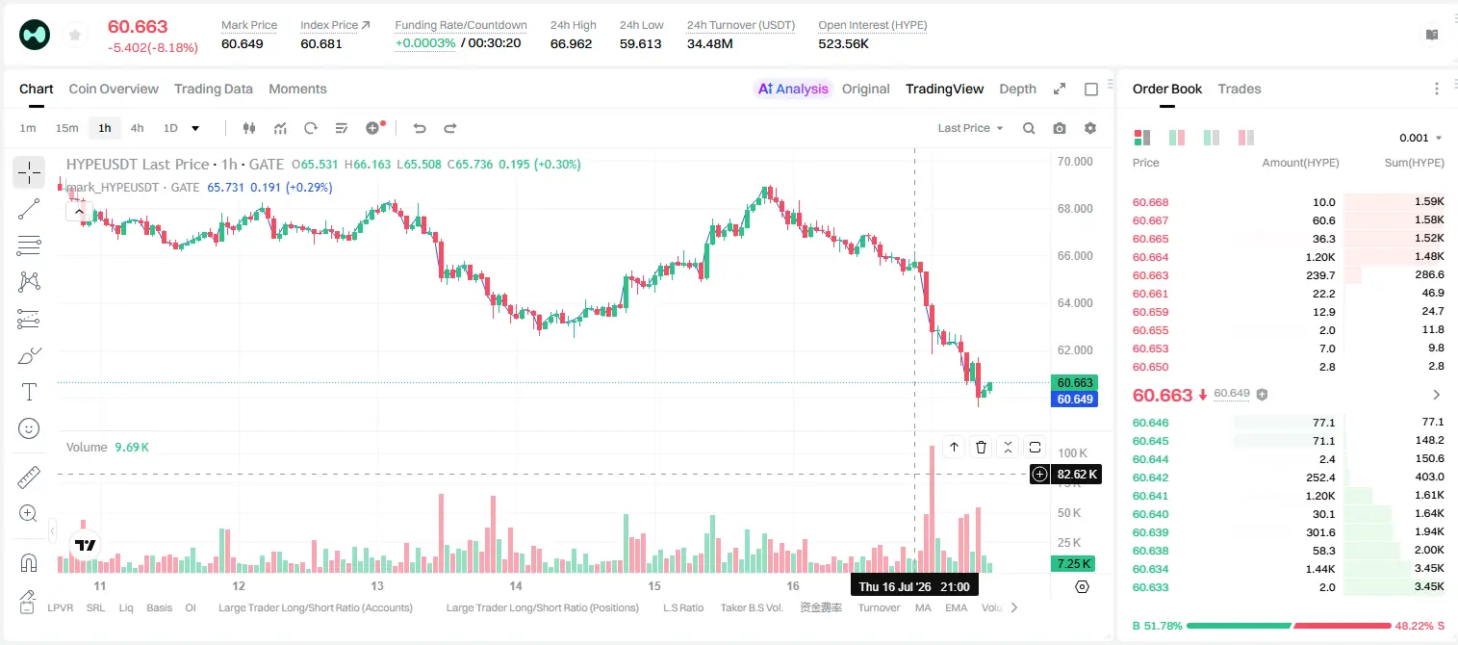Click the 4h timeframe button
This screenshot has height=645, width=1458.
tap(137, 128)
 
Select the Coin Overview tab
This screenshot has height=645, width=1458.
tap(114, 89)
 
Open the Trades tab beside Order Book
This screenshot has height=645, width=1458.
tap(1240, 89)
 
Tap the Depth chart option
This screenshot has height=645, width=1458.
tap(1017, 89)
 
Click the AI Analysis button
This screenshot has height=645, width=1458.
tap(793, 89)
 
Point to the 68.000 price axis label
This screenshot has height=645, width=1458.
tap(1075, 208)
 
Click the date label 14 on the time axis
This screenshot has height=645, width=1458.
tap(516, 585)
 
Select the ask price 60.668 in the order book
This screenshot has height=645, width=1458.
tap(1150, 202)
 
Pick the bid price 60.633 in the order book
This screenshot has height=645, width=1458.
tap(1150, 587)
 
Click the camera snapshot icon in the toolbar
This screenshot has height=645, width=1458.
tap(1060, 128)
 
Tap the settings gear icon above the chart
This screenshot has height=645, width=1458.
tap(1090, 128)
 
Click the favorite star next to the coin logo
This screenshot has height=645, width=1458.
tap(75, 35)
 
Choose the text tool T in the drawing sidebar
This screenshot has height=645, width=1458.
tap(29, 392)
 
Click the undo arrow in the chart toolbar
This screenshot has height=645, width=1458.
tap(420, 128)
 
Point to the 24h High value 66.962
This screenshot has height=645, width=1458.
tap(571, 43)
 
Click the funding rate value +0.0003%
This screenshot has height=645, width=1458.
tap(425, 43)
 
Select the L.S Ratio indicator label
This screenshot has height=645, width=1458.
tap(682, 607)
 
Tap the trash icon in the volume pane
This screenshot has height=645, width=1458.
tap(981, 447)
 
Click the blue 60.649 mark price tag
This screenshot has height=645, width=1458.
tap(1075, 399)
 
